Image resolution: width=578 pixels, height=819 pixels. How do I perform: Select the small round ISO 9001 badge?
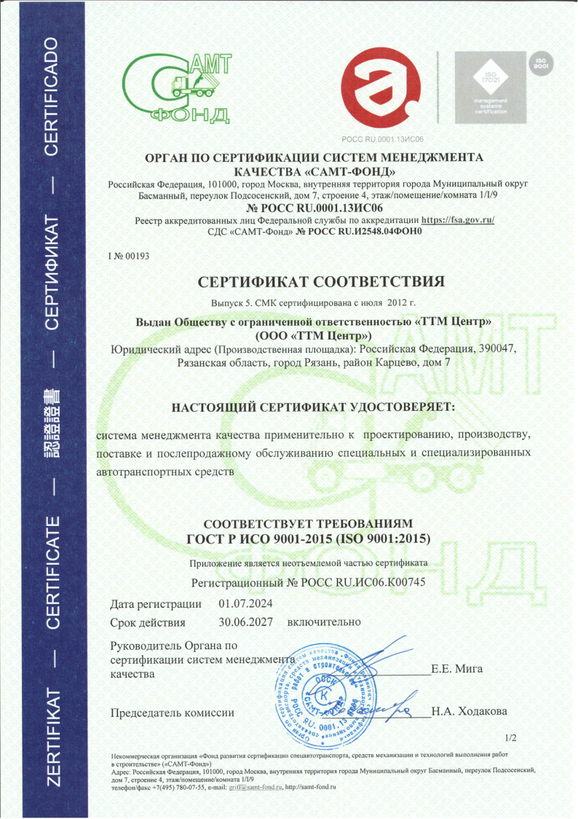[541, 64]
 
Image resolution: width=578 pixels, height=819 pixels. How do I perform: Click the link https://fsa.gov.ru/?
[458, 219]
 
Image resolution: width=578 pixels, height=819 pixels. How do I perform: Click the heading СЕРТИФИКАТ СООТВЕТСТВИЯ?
[320, 281]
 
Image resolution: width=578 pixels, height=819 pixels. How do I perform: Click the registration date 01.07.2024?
[245, 603]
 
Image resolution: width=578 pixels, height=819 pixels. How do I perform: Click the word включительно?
[324, 622]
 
